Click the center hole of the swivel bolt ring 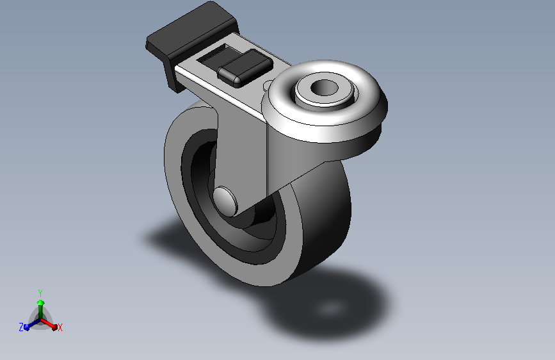click(x=325, y=88)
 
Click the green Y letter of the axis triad click(x=40, y=291)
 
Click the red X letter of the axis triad click(x=60, y=328)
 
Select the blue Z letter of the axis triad click(x=21, y=327)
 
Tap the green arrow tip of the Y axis click(x=40, y=302)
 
